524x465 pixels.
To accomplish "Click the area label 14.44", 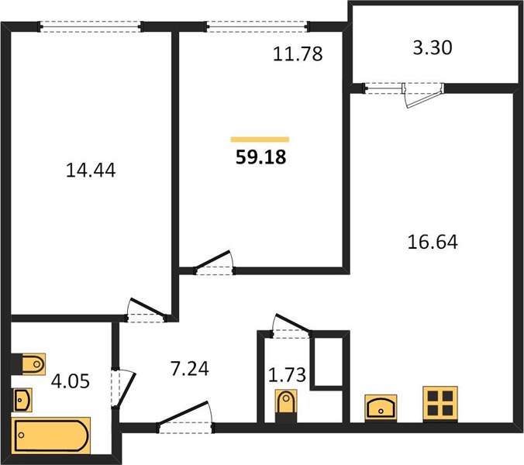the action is point(91,170).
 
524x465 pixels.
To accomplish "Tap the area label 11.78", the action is point(298,53).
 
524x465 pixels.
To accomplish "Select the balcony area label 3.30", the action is point(433,47).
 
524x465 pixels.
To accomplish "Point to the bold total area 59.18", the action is point(260,157).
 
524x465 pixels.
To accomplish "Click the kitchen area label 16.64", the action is point(433,242).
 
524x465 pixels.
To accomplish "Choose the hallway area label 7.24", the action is point(189,369).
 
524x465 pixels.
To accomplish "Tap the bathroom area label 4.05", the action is point(71,381).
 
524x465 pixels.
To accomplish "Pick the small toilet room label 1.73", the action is point(287,375).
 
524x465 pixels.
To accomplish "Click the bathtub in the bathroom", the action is point(51,436).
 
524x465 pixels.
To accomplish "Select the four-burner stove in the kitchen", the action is point(440,405).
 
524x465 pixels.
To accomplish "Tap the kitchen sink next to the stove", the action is point(381,408).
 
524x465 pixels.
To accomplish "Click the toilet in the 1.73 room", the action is point(286,406).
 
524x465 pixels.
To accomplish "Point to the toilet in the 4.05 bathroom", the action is point(29,363).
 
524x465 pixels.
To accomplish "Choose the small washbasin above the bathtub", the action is point(22,400).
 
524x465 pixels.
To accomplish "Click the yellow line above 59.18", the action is point(260,139).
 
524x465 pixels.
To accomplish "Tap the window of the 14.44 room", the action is point(91,26).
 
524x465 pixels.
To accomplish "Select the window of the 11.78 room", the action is point(257,26).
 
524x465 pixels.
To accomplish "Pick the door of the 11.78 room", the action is point(214,263).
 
